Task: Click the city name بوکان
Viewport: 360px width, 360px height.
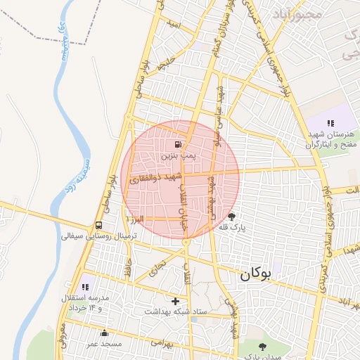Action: tap(255, 275)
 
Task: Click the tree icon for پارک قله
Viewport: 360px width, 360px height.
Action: tap(232, 217)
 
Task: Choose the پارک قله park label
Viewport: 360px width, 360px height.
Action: tap(232, 227)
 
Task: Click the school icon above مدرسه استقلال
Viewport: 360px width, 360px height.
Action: tap(86, 287)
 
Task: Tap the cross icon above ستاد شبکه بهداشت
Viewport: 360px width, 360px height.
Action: tap(175, 301)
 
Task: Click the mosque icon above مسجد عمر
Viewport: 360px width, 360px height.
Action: tap(104, 333)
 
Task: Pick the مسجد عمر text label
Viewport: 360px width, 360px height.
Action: tap(104, 344)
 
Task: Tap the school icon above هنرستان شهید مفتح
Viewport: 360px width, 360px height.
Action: tap(331, 123)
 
